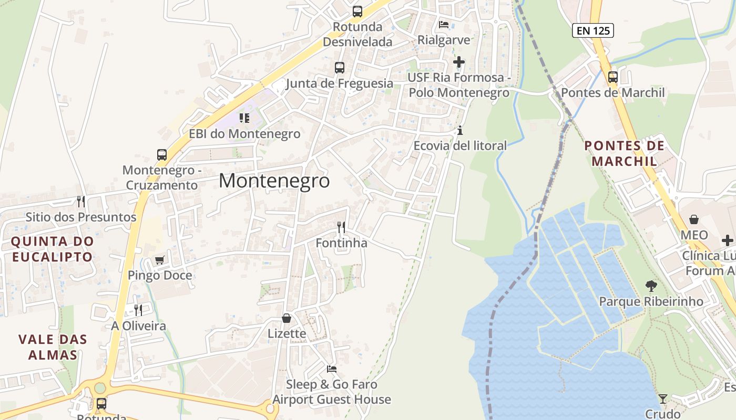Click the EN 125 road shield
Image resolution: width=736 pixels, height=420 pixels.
[593, 30]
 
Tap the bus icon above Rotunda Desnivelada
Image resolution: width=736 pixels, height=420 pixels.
[357, 11]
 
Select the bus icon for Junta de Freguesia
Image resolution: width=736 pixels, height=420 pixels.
[340, 68]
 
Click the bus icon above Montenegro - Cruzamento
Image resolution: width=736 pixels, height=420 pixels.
[162, 155]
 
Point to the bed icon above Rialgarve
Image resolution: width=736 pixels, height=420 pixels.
[444, 24]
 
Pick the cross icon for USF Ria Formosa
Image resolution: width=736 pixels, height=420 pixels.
[459, 62]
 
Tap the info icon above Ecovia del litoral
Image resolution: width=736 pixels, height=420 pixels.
[461, 130]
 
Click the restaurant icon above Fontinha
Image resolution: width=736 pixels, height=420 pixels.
[342, 227]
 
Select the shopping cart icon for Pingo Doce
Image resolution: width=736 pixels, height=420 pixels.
[160, 260]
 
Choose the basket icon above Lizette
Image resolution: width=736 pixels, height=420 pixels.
[287, 318]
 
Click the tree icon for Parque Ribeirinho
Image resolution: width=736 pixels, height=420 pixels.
[651, 286]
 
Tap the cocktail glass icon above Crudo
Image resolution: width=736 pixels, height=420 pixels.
[663, 399]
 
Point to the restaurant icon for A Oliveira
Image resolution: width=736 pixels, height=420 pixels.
[138, 310]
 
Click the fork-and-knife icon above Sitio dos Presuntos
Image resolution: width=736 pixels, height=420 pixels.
[81, 201]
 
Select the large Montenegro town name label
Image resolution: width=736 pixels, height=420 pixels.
[274, 181]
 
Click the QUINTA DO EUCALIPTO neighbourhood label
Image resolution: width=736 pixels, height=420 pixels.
[52, 249]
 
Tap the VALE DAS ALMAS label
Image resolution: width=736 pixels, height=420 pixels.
[53, 347]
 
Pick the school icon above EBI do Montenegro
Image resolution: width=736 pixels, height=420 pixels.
[244, 118]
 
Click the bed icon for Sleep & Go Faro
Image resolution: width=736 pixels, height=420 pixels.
[332, 369]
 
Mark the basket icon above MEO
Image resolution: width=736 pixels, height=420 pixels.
[694, 219]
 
